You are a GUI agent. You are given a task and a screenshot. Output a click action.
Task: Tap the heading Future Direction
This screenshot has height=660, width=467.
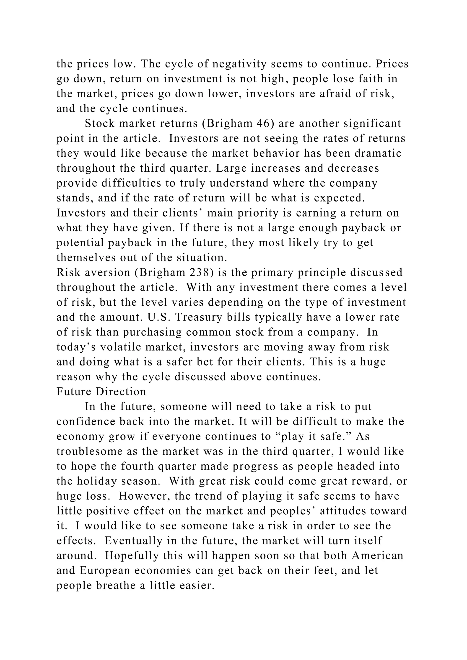click(101, 392)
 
